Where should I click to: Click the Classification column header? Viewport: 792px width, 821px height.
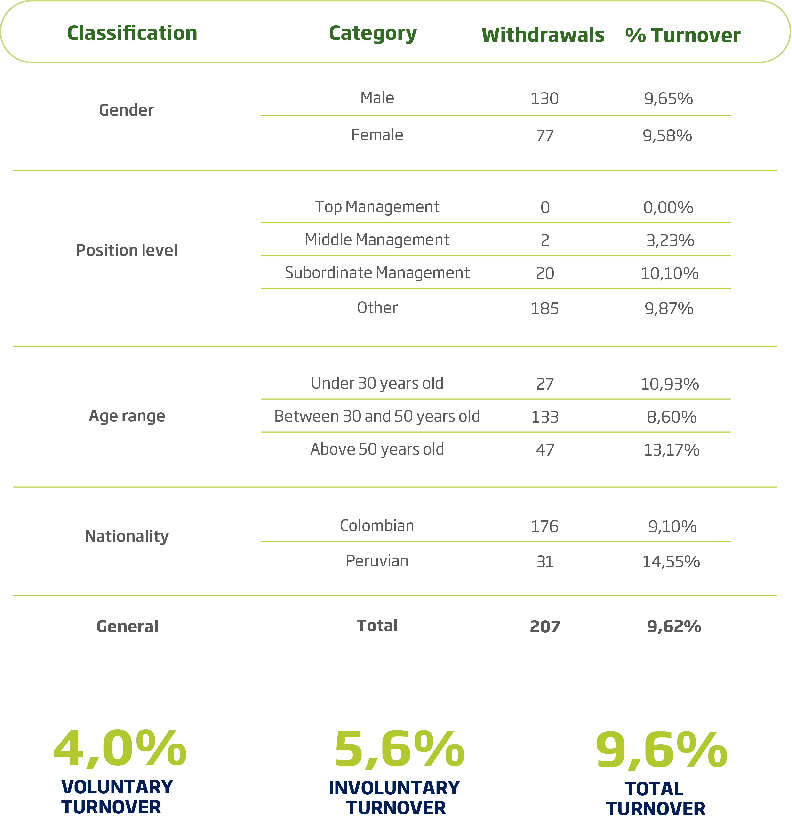click(132, 33)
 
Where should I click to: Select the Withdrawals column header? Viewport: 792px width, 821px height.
click(543, 35)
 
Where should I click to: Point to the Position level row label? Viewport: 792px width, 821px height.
click(127, 250)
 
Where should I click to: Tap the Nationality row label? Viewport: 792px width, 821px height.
click(127, 536)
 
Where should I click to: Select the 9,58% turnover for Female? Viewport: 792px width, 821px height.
click(667, 136)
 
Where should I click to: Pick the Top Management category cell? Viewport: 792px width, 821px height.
click(377, 207)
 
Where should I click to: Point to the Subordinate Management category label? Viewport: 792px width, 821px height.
click(377, 273)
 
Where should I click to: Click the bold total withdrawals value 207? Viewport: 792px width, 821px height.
click(545, 627)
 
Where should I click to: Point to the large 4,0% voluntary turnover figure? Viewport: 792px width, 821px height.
click(120, 749)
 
